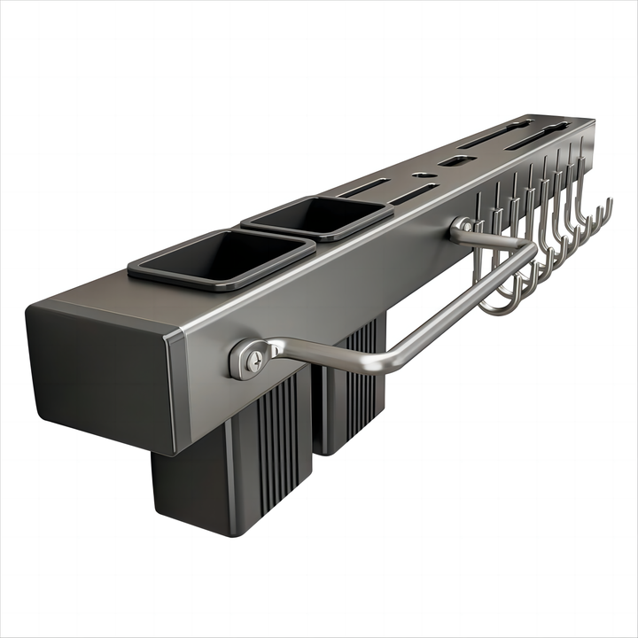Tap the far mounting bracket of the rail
click(x=462, y=230)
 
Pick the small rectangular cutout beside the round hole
click(x=456, y=161)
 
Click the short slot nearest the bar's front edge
click(x=412, y=194)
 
